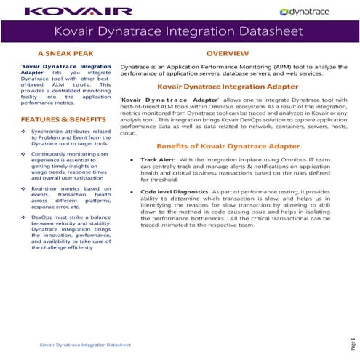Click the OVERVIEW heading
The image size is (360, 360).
228,54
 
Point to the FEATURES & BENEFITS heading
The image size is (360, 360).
65,119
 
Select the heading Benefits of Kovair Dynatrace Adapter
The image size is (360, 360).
228,146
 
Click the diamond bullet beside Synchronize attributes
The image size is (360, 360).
24,132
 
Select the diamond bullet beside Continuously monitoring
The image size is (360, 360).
24,155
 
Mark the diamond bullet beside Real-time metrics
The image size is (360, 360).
24,188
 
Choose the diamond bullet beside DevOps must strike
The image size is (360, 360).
24,217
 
